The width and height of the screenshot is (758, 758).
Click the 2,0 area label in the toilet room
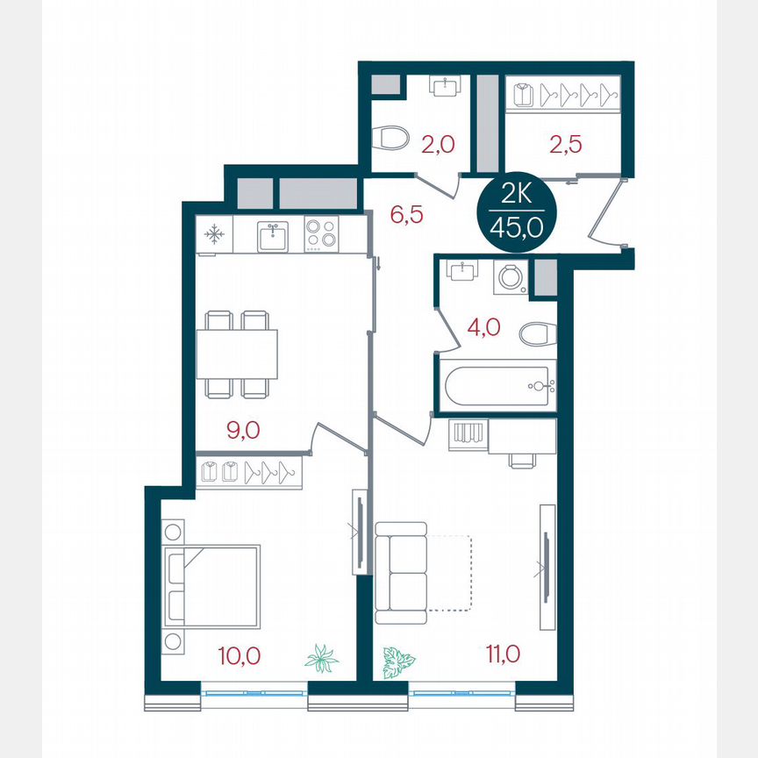[438, 144]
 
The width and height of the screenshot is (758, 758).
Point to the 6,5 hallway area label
[406, 214]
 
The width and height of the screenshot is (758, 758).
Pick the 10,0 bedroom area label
[239, 654]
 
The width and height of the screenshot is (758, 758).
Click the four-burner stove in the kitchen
[322, 234]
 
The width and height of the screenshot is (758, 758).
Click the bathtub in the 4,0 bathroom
[497, 385]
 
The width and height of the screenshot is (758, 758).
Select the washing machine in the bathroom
[508, 277]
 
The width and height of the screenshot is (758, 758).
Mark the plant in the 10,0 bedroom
[322, 658]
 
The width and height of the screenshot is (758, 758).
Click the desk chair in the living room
[522, 460]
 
